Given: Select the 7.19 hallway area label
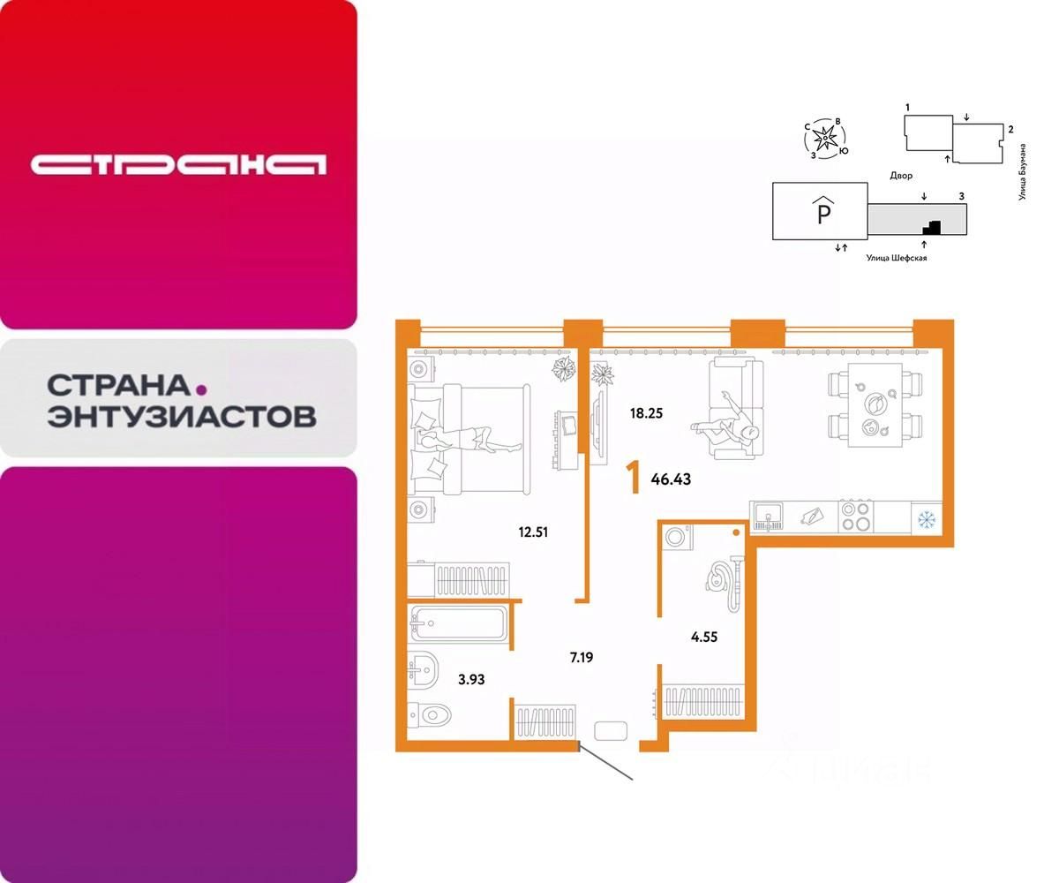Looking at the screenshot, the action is (x=581, y=658).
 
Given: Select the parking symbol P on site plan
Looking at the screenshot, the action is (x=821, y=213).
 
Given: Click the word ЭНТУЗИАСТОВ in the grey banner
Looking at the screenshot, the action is (x=181, y=415).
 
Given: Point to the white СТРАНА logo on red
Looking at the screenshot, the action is (x=179, y=164).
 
